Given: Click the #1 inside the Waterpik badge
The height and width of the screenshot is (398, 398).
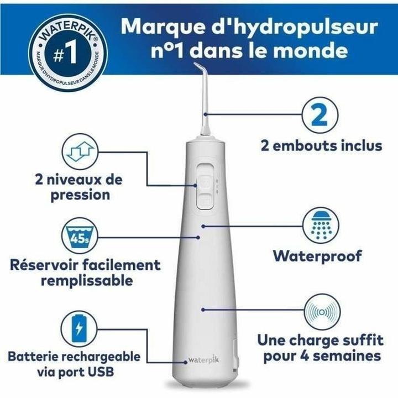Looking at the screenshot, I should tap(58, 54).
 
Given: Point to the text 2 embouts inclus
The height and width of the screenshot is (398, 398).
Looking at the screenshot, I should tap(321, 145).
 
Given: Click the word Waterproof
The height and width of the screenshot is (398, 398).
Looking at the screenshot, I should tap(317, 256).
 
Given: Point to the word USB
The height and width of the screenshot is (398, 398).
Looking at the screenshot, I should tap(99, 371).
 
